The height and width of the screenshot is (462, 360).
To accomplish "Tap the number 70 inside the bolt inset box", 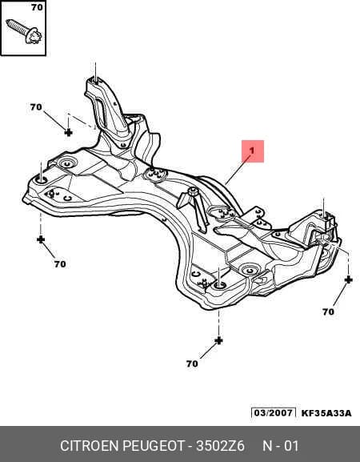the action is (37, 7).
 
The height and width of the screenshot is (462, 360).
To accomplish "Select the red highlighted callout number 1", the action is (253, 151).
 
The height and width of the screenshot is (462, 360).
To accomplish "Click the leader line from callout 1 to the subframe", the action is (238, 170).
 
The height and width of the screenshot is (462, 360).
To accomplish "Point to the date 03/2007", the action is (274, 412).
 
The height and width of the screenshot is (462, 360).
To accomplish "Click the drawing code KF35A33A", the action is (326, 413).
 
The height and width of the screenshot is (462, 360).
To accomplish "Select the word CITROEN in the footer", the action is (90, 446).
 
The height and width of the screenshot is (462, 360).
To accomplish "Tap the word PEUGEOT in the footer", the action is (154, 446).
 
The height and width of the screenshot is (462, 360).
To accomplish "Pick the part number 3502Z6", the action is (220, 446).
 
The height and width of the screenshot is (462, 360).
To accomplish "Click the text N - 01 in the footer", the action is (281, 446).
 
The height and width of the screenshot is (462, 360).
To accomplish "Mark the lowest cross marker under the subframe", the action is (218, 340).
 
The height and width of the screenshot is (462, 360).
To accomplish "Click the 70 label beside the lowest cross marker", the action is (192, 364).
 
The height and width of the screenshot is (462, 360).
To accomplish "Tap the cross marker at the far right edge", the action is (348, 279).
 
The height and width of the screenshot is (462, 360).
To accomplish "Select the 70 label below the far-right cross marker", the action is (328, 311).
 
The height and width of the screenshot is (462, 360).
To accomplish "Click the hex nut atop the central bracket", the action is (193, 191).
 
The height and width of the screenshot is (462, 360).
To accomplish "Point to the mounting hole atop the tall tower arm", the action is (95, 79).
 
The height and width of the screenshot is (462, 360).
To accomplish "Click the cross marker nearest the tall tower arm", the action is (68, 133).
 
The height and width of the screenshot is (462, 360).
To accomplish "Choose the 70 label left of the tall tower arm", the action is (36, 107).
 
